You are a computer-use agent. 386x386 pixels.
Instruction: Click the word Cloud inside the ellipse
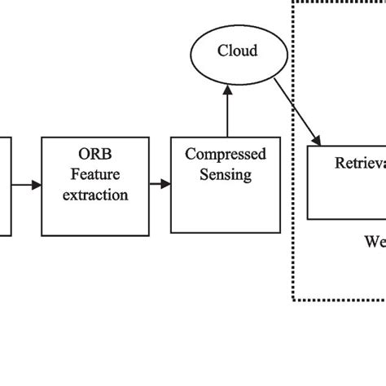click(x=237, y=51)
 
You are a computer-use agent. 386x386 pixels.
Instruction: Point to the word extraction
click(x=97, y=195)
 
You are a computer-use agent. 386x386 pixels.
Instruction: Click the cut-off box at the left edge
click(x=5, y=186)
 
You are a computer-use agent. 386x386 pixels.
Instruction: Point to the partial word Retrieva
click(x=359, y=163)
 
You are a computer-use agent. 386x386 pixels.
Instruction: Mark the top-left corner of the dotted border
click(x=293, y=2)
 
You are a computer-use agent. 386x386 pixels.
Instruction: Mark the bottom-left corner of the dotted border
click(x=293, y=300)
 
